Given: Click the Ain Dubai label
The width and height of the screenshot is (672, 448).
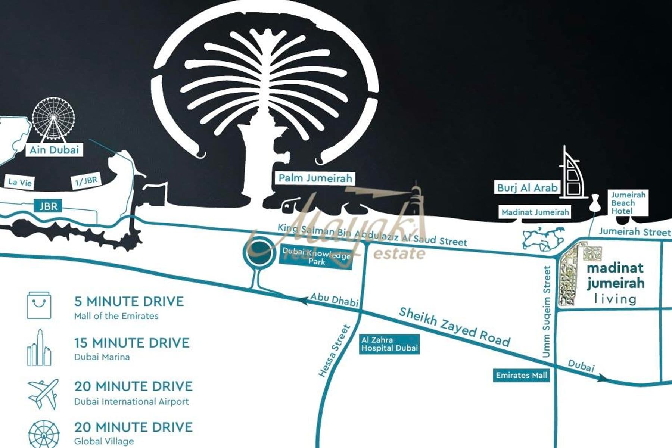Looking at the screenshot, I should click(55, 150).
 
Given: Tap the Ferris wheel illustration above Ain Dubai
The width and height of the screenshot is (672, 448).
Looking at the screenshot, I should click(53, 119).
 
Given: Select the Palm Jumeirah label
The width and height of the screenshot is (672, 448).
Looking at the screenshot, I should click(315, 178).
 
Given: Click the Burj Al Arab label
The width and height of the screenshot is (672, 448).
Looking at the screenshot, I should click(527, 187).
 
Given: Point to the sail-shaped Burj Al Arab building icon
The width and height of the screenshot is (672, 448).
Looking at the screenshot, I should click(571, 174).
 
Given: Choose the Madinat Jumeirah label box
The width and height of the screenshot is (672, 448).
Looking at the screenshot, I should click(535, 212).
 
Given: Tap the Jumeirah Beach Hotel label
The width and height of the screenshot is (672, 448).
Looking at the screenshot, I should click(628, 203).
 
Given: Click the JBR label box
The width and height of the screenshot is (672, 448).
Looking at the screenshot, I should click(48, 206).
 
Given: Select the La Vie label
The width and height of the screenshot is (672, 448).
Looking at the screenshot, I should click(20, 182).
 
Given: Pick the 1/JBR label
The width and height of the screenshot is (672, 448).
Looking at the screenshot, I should click(86, 181).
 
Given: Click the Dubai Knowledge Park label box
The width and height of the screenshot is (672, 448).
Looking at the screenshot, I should click(316, 257).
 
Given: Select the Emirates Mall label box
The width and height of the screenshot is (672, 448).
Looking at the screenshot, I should click(521, 375).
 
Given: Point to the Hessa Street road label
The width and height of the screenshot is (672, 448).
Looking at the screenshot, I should click(334, 351).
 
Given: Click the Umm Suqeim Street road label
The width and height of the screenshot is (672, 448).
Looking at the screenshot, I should click(547, 312).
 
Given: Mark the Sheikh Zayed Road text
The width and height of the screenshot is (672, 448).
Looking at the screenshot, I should click(454, 327).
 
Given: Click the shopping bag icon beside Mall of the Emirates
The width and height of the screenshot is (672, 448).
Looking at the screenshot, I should click(39, 306).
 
